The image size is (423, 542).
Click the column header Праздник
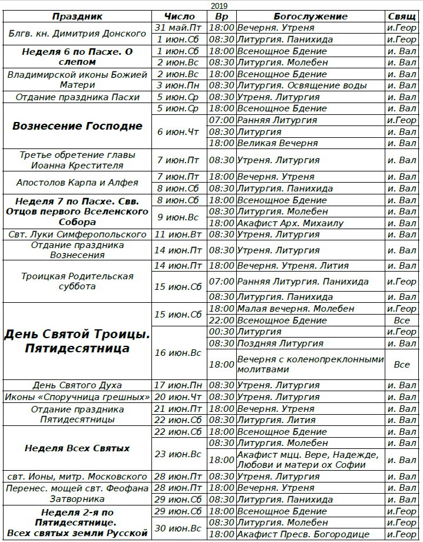[x=77, y=16]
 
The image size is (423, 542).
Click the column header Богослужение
[x=310, y=16]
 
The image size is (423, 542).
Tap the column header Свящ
[x=402, y=16]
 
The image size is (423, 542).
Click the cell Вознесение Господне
[x=77, y=126]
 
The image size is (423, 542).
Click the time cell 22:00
[x=222, y=320]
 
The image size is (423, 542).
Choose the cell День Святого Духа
[x=77, y=386]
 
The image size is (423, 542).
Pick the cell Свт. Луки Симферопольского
[x=77, y=234]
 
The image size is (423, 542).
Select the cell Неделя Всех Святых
[x=77, y=448]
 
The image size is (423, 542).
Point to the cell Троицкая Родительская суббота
[x=77, y=282]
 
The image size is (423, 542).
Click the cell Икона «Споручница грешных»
[x=77, y=397]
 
